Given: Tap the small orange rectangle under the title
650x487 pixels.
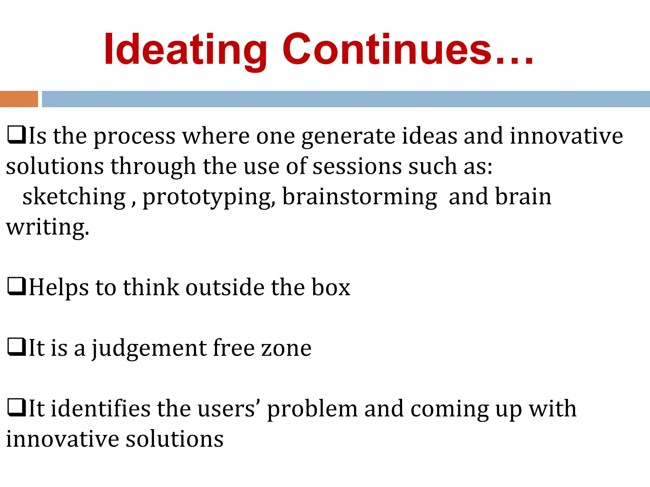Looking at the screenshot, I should pyautogui.click(x=19, y=99).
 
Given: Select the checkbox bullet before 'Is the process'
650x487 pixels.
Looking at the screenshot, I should pyautogui.click(x=16, y=135).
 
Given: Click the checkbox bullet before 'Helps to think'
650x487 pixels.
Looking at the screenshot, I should pyautogui.click(x=16, y=287).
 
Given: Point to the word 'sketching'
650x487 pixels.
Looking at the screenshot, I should pyautogui.click(x=74, y=197).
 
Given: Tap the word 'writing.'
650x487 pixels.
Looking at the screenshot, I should pyautogui.click(x=48, y=228).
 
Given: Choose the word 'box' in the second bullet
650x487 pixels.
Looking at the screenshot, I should pyautogui.click(x=331, y=287).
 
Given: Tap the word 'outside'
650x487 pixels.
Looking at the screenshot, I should pyautogui.click(x=225, y=287).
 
